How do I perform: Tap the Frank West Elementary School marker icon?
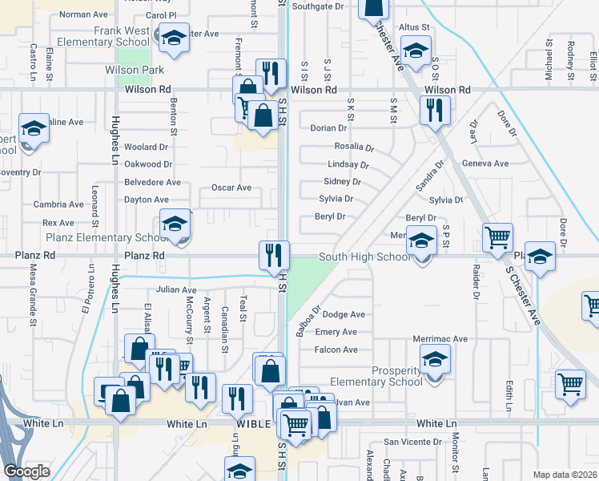tap(173, 38)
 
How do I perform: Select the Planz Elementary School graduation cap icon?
tap(175, 224)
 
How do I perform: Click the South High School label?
tap(364, 257)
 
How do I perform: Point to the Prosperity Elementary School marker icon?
tap(434, 361)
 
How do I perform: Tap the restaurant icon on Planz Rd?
tap(273, 256)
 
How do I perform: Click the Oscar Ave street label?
tap(231, 188)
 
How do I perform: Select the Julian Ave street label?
tap(176, 290)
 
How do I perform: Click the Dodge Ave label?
tap(344, 314)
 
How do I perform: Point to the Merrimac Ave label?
tap(440, 339)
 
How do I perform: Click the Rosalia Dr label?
tap(354, 147)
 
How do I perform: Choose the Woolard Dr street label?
tap(146, 148)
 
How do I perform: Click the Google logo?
tap(26, 471)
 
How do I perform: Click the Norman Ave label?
tap(83, 14)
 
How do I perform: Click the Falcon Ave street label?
tap(336, 350)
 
